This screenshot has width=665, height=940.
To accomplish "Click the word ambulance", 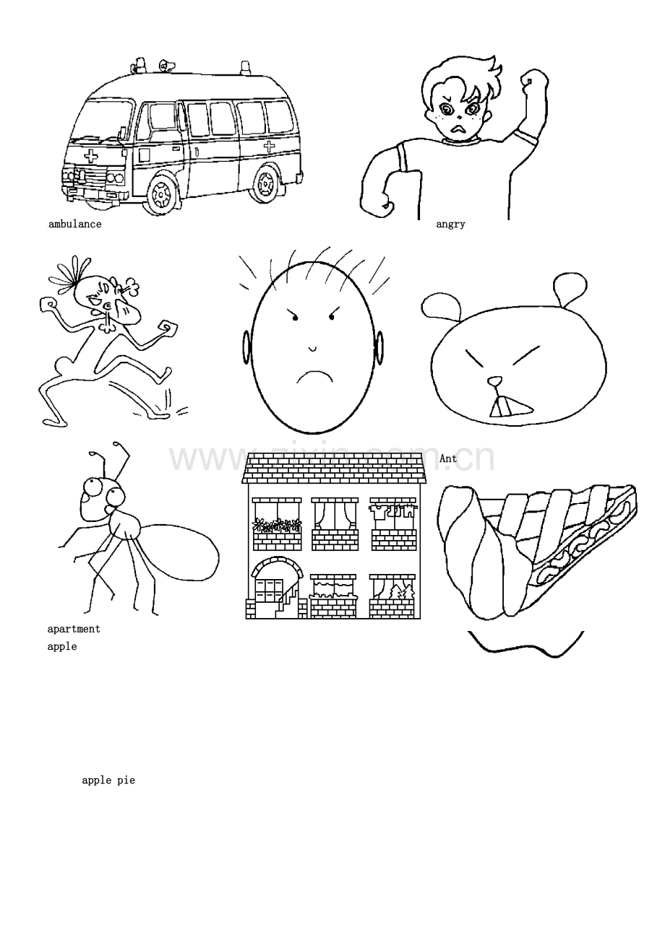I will (75, 224).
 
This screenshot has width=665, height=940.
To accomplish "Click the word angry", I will (450, 224).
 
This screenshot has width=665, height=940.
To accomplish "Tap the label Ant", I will (448, 458).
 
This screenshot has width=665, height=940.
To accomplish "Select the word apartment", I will (74, 629).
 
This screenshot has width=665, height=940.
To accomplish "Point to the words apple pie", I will (108, 780).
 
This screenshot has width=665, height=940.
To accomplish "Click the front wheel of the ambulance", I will (162, 193).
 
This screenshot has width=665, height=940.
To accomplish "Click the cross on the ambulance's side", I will (269, 147).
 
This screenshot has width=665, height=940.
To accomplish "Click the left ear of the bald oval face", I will (246, 347).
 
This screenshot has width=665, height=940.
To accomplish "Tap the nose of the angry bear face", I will (495, 380).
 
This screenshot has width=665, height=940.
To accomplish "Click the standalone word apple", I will (62, 646).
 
